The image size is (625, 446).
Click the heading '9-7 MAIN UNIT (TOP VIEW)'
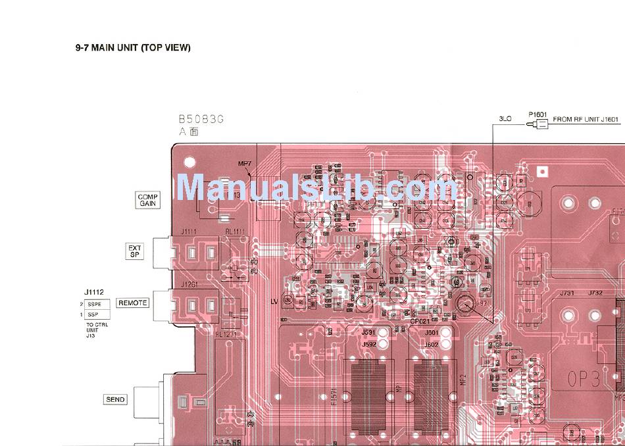coord(133,48)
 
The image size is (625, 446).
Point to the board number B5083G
coord(201,119)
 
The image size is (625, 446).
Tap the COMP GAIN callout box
coord(146,200)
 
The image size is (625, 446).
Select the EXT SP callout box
coord(134,251)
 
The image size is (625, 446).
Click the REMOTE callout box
coord(132,303)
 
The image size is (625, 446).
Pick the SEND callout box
coord(116,399)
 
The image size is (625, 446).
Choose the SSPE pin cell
coord(95,305)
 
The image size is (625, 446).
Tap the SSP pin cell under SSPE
coord(95,315)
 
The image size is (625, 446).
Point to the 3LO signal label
coord(505,119)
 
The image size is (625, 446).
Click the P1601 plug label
coord(537,114)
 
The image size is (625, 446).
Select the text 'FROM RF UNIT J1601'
coord(586,119)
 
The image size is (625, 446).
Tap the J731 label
coord(568,293)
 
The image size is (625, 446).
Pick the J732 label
coord(595,293)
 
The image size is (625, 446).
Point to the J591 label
coord(368,334)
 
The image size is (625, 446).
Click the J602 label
coord(431,344)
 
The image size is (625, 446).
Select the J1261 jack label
coord(189,284)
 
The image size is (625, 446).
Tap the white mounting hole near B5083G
coord(190,160)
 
